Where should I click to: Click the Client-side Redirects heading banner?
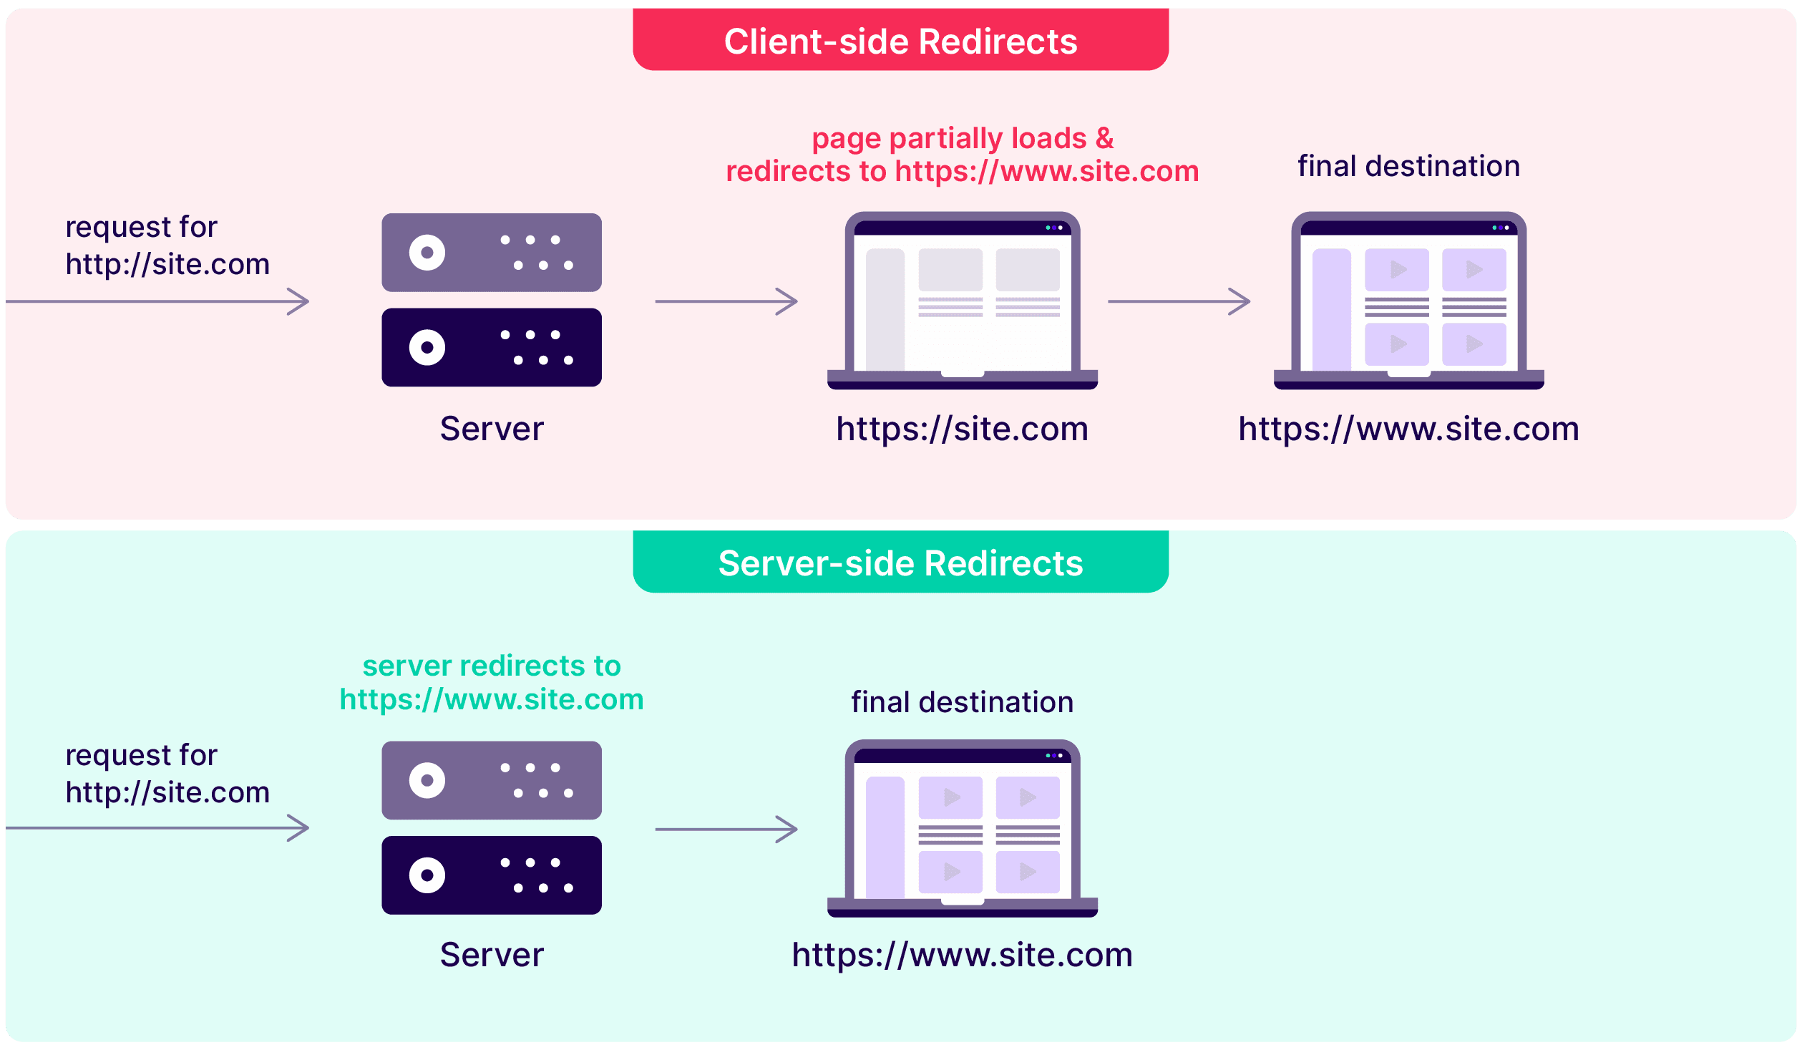tap(900, 41)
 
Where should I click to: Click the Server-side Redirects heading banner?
tap(900, 563)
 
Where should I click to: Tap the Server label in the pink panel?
tap(492, 429)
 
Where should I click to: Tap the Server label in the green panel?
tap(492, 955)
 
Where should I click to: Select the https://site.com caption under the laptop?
tap(962, 429)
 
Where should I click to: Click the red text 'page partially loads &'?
tap(963, 138)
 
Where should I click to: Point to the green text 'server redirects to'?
tap(492, 666)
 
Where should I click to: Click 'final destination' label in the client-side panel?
tap(1408, 166)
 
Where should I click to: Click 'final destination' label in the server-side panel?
tap(962, 702)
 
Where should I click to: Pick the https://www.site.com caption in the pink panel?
tap(1408, 429)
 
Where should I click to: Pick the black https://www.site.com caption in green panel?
tap(962, 955)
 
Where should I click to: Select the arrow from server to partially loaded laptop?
tap(726, 301)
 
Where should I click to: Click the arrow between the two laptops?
tap(1179, 301)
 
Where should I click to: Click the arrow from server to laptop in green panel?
tap(726, 830)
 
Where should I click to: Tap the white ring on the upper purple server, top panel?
tap(427, 253)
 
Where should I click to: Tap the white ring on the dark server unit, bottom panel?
tap(427, 875)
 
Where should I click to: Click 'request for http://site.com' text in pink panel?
tap(167, 246)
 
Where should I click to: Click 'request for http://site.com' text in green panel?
tap(167, 774)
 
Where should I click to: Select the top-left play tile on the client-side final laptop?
tap(1396, 270)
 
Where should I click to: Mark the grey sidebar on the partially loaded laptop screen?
tap(885, 309)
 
